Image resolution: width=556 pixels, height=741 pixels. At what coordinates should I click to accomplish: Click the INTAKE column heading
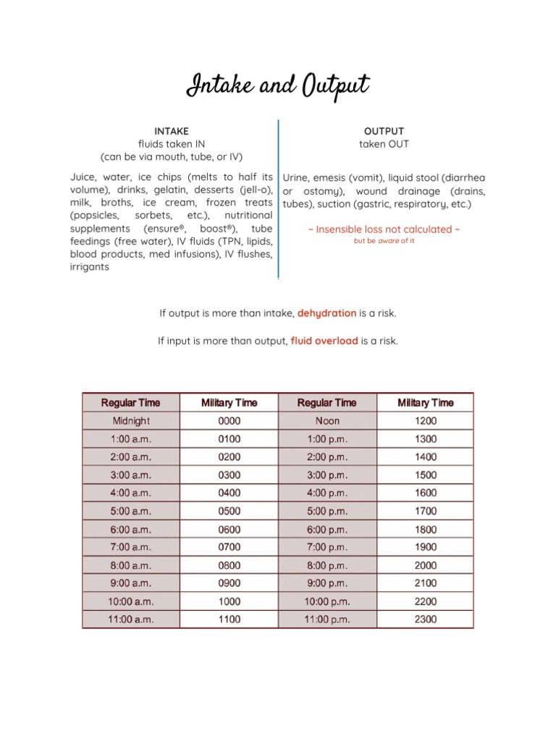click(x=172, y=131)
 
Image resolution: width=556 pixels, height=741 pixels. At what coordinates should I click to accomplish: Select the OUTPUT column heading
click(x=384, y=131)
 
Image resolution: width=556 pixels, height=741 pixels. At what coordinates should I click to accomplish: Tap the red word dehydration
click(x=327, y=313)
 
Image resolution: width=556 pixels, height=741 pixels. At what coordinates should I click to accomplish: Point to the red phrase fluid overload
click(x=324, y=341)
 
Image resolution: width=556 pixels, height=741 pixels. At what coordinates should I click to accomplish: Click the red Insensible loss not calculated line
click(x=384, y=229)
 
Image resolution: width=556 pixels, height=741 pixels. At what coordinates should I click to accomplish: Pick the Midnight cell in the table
click(x=131, y=420)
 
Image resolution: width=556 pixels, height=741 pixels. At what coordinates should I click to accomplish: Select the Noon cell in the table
click(x=327, y=420)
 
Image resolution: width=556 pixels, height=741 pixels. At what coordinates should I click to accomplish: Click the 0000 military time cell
click(x=229, y=420)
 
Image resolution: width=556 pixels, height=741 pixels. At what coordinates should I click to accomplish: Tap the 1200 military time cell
click(x=426, y=420)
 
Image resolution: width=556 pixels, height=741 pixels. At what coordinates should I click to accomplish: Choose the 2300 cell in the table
click(x=426, y=619)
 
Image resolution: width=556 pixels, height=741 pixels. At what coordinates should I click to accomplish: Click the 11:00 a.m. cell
click(x=131, y=619)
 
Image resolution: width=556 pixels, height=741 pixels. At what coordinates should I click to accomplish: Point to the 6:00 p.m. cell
click(x=327, y=530)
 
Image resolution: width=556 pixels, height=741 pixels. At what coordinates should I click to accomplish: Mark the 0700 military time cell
click(x=229, y=547)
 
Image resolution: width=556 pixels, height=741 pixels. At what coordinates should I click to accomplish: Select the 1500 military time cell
click(x=426, y=475)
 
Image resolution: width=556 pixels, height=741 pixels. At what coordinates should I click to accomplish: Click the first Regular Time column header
click(x=131, y=402)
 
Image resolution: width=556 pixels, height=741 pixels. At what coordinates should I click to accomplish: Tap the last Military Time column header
click(x=426, y=402)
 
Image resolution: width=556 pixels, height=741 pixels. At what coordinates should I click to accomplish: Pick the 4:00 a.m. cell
click(x=131, y=493)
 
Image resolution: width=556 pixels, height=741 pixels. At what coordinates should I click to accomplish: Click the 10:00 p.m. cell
click(x=327, y=601)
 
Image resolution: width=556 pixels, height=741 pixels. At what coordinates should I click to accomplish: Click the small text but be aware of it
click(x=384, y=241)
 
